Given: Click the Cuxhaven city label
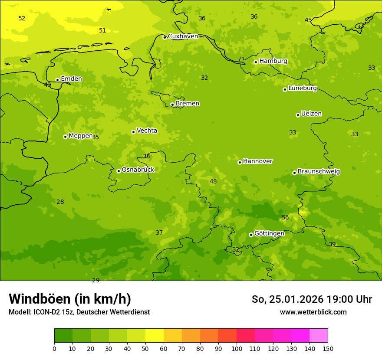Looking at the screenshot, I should tap(183, 36).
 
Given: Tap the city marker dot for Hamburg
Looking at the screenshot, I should tap(256, 62).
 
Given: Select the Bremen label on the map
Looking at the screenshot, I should tap(188, 104).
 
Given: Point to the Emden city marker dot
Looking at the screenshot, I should tap(57, 80).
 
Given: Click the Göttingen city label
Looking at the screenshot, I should tap(269, 234).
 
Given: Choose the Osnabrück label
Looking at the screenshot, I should tap(138, 170).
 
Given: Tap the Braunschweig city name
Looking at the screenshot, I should tap(319, 172).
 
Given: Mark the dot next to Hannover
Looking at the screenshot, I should tap(240, 162).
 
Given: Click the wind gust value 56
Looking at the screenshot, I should tap(285, 218).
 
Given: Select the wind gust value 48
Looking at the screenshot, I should tap(213, 182).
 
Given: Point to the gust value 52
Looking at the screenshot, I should tap(22, 19).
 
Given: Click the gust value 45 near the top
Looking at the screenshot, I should tap(308, 20).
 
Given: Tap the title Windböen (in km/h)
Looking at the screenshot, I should tap(70, 299).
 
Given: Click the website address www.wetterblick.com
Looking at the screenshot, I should tap(313, 312).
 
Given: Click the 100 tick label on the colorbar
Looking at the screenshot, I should tap(237, 348).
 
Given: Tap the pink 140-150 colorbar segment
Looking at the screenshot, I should tap(319, 336).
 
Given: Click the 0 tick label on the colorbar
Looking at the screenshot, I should tap(54, 348).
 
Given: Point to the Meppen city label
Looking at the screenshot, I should tap(81, 136).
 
